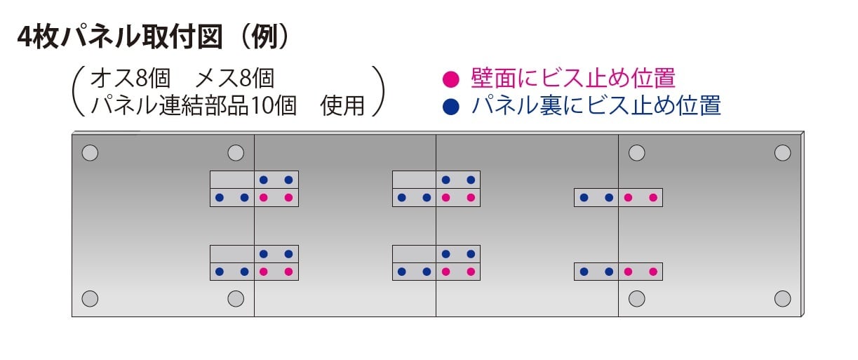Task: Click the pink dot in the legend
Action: tap(453, 77)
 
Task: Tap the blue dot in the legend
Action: tap(453, 107)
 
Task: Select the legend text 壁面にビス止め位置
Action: tap(572, 77)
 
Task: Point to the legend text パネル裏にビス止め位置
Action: tap(596, 107)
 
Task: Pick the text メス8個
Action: tap(235, 77)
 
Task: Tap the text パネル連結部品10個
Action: tap(193, 105)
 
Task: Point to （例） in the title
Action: tap(263, 38)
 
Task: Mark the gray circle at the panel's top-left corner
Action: tap(90, 152)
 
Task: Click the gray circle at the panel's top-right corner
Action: tap(782, 152)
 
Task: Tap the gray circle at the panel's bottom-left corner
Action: tap(90, 298)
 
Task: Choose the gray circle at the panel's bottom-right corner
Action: tap(782, 298)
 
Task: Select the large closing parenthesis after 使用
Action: tap(379, 91)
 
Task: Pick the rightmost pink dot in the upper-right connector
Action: tap(653, 198)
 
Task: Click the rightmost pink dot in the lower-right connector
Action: tap(653, 272)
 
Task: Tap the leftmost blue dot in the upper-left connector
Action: tap(220, 198)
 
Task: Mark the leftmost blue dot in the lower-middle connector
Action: tap(402, 272)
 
